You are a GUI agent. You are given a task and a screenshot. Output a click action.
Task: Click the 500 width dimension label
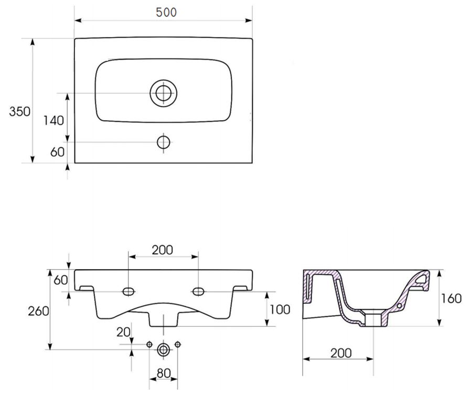[x=166, y=12]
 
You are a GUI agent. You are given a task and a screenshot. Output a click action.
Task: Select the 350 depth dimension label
[x=19, y=112]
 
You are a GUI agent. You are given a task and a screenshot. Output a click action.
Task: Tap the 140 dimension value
[x=53, y=121]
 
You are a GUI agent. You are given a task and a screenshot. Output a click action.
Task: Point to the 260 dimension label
[x=38, y=311]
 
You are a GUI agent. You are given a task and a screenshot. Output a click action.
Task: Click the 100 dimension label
[x=280, y=309]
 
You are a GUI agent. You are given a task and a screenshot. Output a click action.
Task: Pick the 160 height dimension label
[x=451, y=298]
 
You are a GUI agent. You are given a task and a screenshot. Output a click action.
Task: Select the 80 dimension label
[x=164, y=373]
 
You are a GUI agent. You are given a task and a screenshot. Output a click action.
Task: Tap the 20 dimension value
[x=123, y=332]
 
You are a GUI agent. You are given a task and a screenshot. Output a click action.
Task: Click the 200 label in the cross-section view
[x=341, y=353]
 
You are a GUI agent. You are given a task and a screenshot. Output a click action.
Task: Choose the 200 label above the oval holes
[x=163, y=250]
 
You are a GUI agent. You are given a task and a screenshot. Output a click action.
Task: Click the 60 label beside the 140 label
[x=57, y=152]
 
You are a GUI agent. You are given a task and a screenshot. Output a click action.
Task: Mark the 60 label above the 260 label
[x=61, y=280]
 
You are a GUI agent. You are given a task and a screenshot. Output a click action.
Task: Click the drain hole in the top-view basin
[x=164, y=93]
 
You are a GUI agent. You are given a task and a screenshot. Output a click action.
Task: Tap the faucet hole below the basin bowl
[x=164, y=143]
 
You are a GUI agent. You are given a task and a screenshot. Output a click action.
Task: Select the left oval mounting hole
[x=129, y=291]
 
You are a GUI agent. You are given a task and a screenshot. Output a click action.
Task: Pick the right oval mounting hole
[x=198, y=291]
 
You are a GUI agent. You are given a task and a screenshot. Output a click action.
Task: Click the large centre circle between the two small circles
[x=164, y=349]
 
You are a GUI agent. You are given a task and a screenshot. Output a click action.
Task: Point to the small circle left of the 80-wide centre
[x=149, y=344]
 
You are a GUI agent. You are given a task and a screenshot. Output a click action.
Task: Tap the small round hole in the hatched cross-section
[x=399, y=306]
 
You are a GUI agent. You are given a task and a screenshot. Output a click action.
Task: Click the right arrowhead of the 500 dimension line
[x=249, y=20]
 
